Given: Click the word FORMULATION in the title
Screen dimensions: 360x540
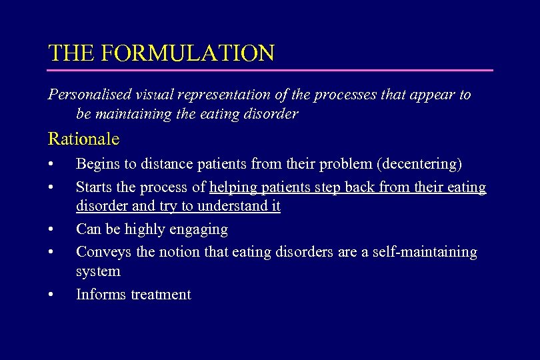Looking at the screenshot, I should [189, 53].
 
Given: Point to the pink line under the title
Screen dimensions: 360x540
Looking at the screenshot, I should [270, 70].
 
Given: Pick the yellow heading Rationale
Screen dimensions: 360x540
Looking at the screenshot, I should [83, 139].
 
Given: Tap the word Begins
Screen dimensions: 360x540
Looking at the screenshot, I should [97, 163].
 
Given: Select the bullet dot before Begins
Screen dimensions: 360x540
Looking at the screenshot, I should [51, 164].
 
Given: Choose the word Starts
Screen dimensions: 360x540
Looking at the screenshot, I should [95, 187].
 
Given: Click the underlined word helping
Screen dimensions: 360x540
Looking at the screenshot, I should [234, 187].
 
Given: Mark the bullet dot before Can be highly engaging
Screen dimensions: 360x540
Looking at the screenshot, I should [51, 230].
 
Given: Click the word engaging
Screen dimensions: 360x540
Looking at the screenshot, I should [199, 230].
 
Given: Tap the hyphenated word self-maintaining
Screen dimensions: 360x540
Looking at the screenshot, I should [426, 252].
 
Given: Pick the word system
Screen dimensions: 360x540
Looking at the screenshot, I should [98, 271].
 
